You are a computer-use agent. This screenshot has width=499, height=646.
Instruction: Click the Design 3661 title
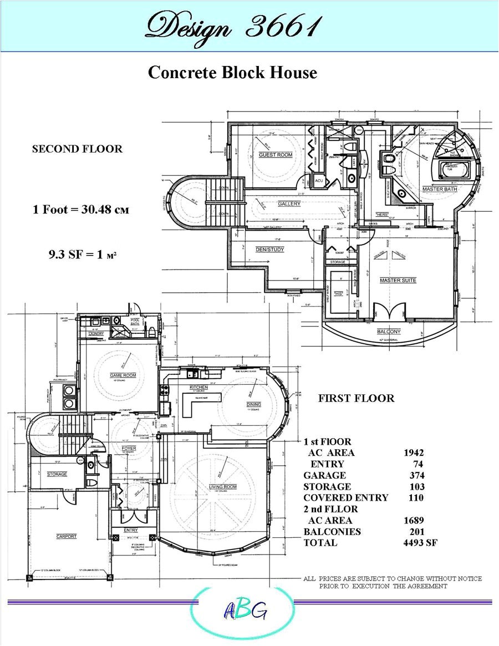coord(233,26)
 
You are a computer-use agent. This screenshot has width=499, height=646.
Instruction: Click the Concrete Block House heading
coord(232,73)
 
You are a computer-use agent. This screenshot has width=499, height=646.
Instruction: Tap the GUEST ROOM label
coord(275,155)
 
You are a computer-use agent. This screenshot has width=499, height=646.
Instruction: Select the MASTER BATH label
coord(439,189)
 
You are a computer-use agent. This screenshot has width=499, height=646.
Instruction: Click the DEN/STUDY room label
coord(269,250)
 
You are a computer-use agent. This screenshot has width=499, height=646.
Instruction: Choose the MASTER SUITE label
coord(398,281)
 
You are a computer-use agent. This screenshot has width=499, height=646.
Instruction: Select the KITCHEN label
coord(198,386)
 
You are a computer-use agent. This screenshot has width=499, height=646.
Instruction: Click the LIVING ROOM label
coord(222,486)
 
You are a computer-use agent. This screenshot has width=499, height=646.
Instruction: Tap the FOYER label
coord(128,447)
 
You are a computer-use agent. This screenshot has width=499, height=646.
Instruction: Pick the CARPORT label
coord(66,536)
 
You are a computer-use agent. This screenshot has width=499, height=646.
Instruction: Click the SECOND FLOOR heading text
coord(77,149)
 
